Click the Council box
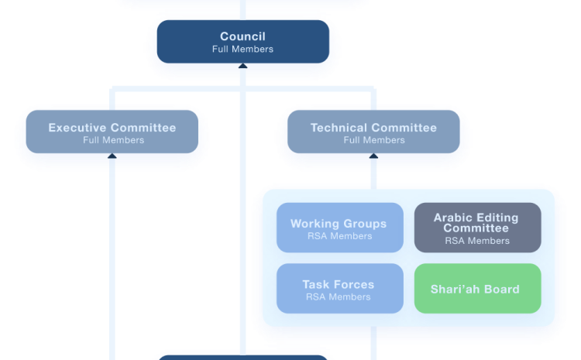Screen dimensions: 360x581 tap(243, 42)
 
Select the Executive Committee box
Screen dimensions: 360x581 tap(112, 133)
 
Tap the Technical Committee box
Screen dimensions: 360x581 tap(373, 133)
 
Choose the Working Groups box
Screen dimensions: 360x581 tap(339, 228)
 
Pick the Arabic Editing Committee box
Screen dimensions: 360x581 tap(477, 228)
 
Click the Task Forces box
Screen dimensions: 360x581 tap(339, 289)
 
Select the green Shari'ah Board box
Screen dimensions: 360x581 tap(477, 289)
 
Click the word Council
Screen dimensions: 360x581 tap(242, 36)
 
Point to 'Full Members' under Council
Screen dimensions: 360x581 tap(242, 50)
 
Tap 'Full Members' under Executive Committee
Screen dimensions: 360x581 tap(113, 140)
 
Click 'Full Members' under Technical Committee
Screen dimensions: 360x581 tap(374, 140)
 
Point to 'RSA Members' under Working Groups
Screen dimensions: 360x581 tap(339, 236)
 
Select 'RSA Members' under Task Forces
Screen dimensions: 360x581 tap(338, 297)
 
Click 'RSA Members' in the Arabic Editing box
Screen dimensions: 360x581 tap(477, 241)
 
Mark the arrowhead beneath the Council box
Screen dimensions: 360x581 tap(242, 68)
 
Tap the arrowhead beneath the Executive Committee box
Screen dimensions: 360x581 tap(112, 156)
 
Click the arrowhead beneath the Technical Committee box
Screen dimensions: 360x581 tap(373, 156)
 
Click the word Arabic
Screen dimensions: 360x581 tap(452, 218)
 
